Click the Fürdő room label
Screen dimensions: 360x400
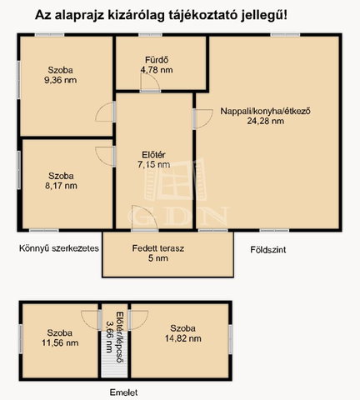(x=157, y=60)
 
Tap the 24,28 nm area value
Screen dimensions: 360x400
(x=266, y=121)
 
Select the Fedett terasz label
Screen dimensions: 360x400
(x=158, y=248)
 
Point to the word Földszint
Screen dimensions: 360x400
(x=268, y=250)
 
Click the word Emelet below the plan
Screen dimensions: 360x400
(x=123, y=392)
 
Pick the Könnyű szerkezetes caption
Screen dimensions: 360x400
(x=59, y=248)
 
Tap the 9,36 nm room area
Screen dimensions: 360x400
(x=61, y=80)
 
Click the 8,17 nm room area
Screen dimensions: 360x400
(x=61, y=186)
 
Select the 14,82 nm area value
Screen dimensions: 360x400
(x=183, y=338)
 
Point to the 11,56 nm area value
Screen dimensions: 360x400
(x=60, y=342)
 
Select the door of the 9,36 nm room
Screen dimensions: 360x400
(x=105, y=112)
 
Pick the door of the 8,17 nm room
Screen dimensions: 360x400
(x=105, y=157)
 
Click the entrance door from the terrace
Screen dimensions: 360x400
(x=144, y=218)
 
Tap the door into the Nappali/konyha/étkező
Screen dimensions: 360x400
(x=203, y=119)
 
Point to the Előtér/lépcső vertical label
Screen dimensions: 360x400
(x=115, y=337)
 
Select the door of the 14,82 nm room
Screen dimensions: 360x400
(x=138, y=320)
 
